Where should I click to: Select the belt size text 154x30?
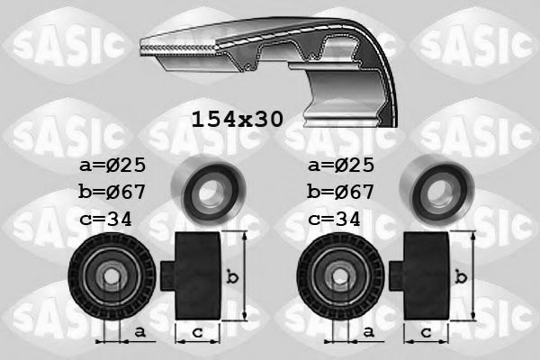tap(237, 119)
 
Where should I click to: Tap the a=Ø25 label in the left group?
tap(113, 166)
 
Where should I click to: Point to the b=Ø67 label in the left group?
tap(113, 192)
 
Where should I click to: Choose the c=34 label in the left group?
tap(106, 217)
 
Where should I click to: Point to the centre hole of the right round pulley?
tap(337, 277)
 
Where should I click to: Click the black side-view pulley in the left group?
tap(192, 274)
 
